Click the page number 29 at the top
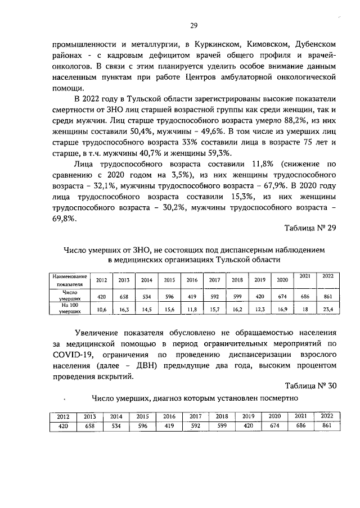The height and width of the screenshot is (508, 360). point(193,26)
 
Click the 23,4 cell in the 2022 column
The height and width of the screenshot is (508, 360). point(327,309)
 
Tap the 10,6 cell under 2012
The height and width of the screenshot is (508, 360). point(102,309)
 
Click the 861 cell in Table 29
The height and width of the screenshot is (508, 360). point(327,296)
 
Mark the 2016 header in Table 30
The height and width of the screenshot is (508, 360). point(169,416)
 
